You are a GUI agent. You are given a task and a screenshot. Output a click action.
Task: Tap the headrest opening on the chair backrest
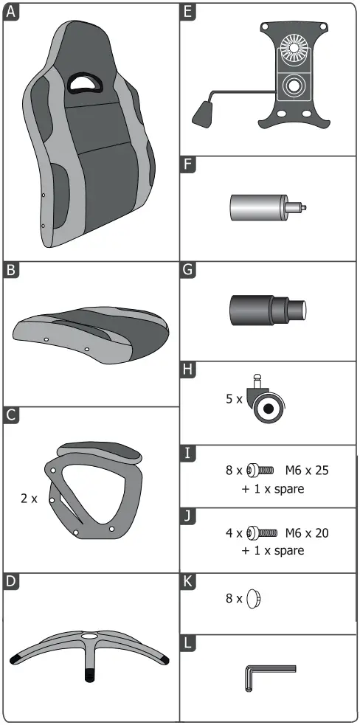tap(83, 81)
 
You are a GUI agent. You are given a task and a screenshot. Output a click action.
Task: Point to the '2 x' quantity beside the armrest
tap(28, 499)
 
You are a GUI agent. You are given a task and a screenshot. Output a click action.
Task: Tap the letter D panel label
tap(10, 581)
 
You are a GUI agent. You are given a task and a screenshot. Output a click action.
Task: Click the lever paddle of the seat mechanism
tap(203, 114)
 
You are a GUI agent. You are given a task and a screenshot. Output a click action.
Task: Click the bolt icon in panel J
tap(261, 532)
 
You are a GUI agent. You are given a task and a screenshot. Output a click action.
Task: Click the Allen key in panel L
tap(266, 675)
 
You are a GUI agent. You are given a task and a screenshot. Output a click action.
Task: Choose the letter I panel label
tap(189, 452)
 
